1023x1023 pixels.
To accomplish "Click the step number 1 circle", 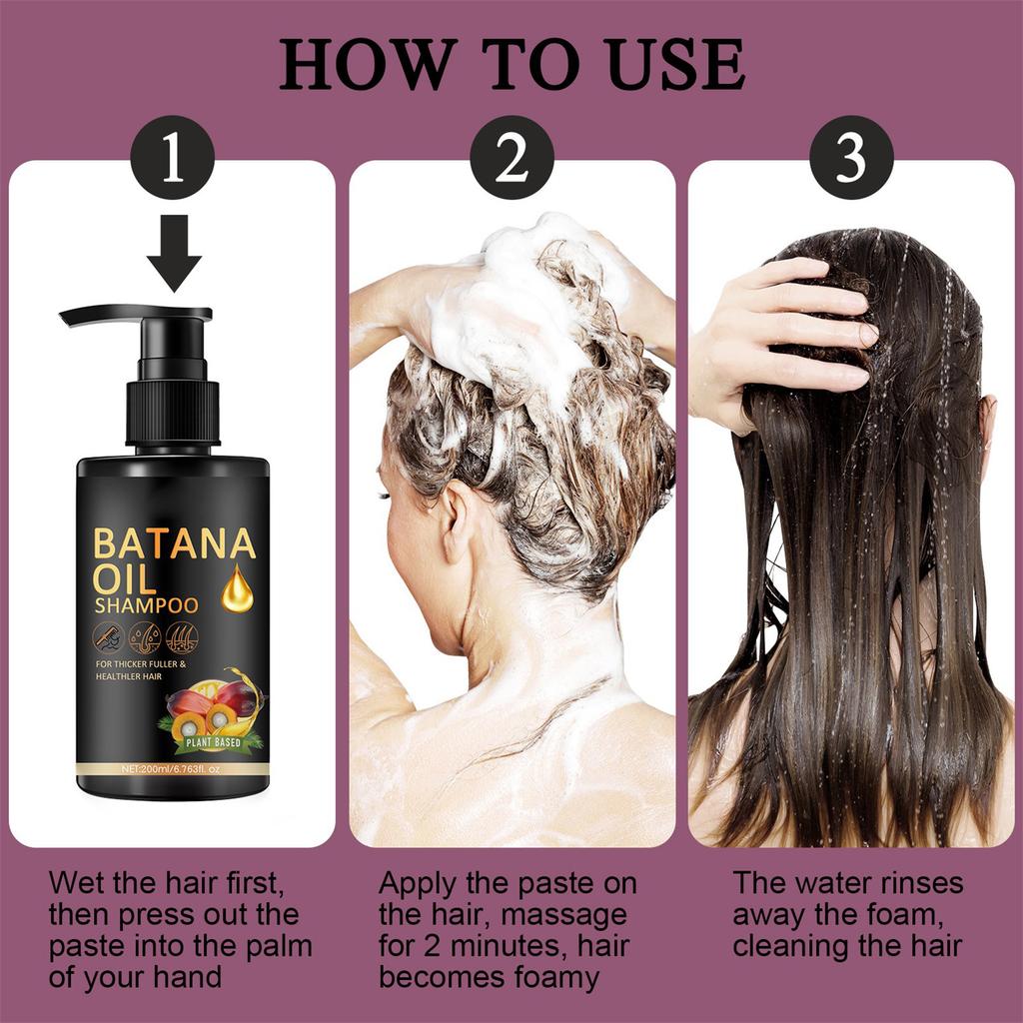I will tap(173, 158).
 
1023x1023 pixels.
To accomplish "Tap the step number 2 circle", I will tap(511, 158).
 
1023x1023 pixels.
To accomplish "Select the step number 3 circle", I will tap(850, 158).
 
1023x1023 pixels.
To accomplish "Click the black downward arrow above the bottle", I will tap(174, 251).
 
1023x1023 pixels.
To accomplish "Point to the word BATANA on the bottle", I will tap(174, 545).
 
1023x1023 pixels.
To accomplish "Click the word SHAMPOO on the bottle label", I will tap(146, 605).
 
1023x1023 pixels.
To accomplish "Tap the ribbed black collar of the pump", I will tap(172, 412).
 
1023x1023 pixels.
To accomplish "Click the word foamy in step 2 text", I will tap(551, 976).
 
